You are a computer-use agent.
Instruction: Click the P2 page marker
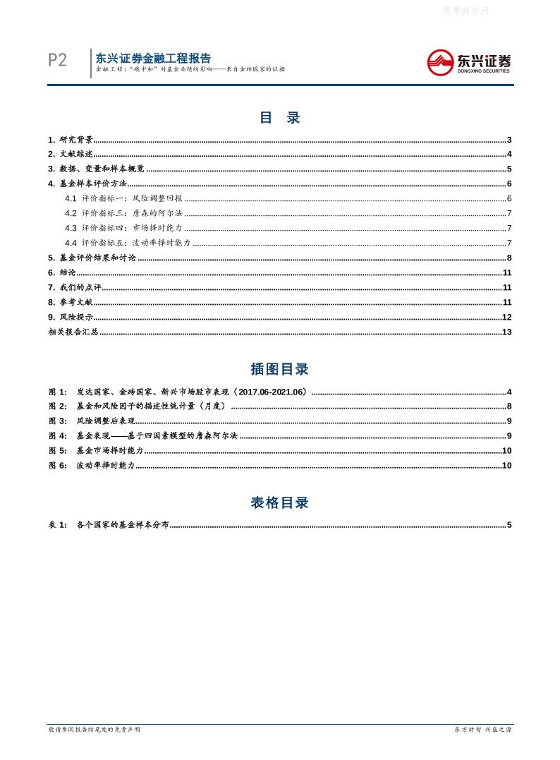click(x=57, y=61)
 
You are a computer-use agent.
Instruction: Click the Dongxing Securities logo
click(x=469, y=63)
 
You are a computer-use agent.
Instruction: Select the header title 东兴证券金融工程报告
click(x=153, y=59)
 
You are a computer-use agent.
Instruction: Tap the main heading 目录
click(x=280, y=118)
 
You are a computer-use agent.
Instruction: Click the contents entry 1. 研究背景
click(x=71, y=140)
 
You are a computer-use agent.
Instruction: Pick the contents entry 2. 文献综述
click(x=71, y=155)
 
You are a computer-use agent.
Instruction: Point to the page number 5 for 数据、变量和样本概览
click(x=509, y=169)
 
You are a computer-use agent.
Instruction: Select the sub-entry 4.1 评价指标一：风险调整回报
click(x=123, y=199)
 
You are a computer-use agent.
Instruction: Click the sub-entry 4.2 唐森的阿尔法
click(x=123, y=214)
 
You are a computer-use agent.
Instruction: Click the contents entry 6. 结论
click(x=62, y=273)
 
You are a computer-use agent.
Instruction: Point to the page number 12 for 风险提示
click(x=506, y=318)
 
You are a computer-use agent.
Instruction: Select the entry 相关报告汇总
click(x=73, y=332)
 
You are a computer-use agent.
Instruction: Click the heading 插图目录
click(x=280, y=369)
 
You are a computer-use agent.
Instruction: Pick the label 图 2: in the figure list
click(x=58, y=406)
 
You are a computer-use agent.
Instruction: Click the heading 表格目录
click(x=280, y=503)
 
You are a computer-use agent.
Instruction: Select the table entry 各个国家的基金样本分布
click(x=123, y=525)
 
